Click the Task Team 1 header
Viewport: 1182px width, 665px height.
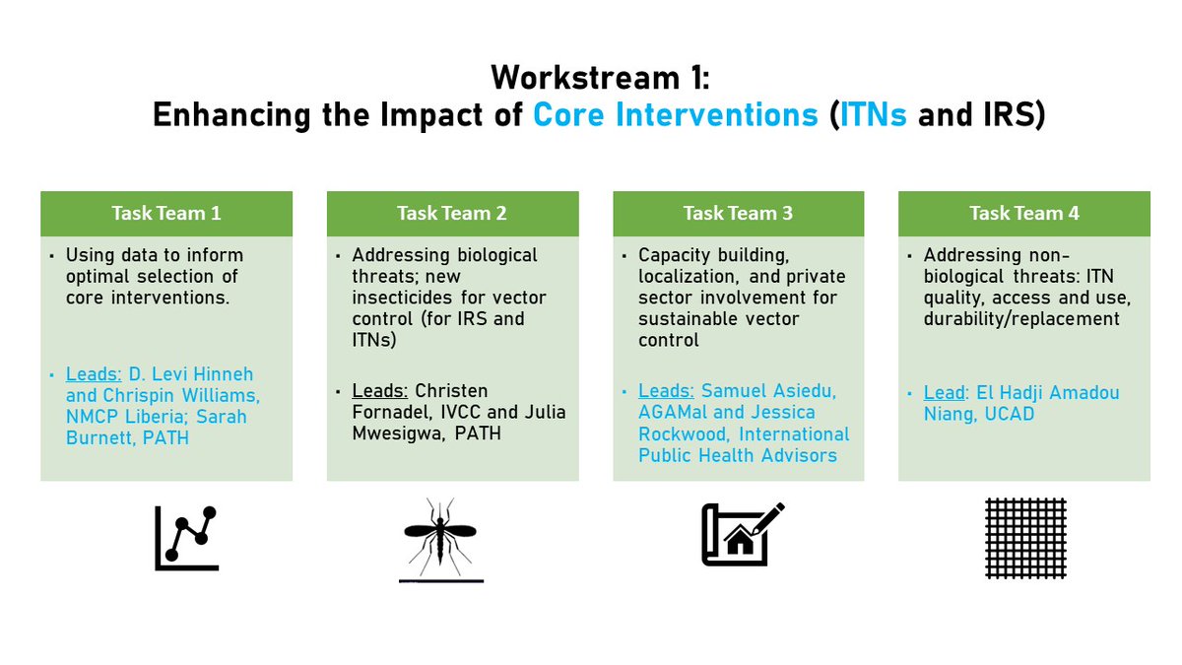pos(166,213)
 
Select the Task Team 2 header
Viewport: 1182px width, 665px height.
pos(452,213)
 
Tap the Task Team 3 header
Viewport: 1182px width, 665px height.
pos(738,213)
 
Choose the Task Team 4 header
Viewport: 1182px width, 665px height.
pos(1024,213)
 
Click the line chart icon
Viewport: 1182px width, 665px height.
pos(186,538)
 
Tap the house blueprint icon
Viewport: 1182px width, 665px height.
pos(743,534)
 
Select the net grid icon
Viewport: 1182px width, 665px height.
pos(1025,538)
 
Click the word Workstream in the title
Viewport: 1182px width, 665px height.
pos(585,78)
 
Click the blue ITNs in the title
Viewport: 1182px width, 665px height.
pos(873,115)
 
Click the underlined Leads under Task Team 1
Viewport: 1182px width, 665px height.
pos(94,374)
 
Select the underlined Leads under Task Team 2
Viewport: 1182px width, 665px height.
pos(380,391)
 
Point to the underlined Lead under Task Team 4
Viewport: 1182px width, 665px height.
pos(945,393)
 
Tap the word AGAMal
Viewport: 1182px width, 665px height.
pos(674,412)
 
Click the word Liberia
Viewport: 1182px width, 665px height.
pos(156,417)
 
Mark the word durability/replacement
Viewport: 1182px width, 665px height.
pos(1021,319)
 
